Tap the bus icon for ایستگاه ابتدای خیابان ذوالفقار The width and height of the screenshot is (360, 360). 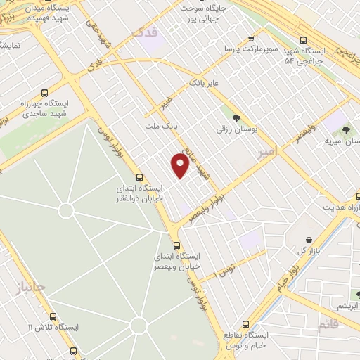point(139,178)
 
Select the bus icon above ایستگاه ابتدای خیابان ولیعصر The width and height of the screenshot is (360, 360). point(176,245)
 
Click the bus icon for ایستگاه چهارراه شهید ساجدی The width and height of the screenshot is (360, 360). point(46,92)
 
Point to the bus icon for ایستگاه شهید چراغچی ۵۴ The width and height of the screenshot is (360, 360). point(303,40)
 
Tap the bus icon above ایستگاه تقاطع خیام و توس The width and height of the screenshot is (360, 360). point(245,324)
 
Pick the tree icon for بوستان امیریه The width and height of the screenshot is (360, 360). point(345,130)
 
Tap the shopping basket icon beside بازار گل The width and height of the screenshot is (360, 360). point(309,240)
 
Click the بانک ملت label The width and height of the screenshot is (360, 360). point(158,125)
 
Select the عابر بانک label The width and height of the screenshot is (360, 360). point(203,83)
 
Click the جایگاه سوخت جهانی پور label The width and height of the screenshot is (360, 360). point(205,12)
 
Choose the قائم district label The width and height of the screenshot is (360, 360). point(328,326)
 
